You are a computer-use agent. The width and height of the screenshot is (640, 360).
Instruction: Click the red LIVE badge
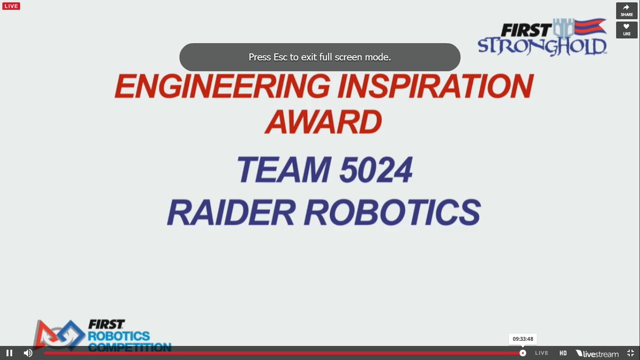click(11, 6)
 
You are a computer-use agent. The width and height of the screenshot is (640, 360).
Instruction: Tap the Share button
click(627, 11)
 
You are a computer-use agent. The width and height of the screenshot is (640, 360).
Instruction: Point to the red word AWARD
click(324, 122)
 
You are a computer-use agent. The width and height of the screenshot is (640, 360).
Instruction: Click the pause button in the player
click(9, 353)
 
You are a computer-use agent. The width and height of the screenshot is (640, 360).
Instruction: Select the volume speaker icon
click(28, 353)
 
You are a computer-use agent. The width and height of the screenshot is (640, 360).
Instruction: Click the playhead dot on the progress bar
click(523, 353)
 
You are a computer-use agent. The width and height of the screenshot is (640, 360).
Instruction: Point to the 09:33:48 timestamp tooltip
click(523, 339)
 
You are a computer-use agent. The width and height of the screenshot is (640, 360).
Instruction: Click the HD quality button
click(563, 353)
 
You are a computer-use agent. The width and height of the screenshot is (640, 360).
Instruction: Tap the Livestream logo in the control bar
click(597, 353)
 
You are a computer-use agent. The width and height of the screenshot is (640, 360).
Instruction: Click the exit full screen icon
click(630, 353)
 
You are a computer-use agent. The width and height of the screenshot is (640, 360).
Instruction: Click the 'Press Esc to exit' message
click(319, 57)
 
